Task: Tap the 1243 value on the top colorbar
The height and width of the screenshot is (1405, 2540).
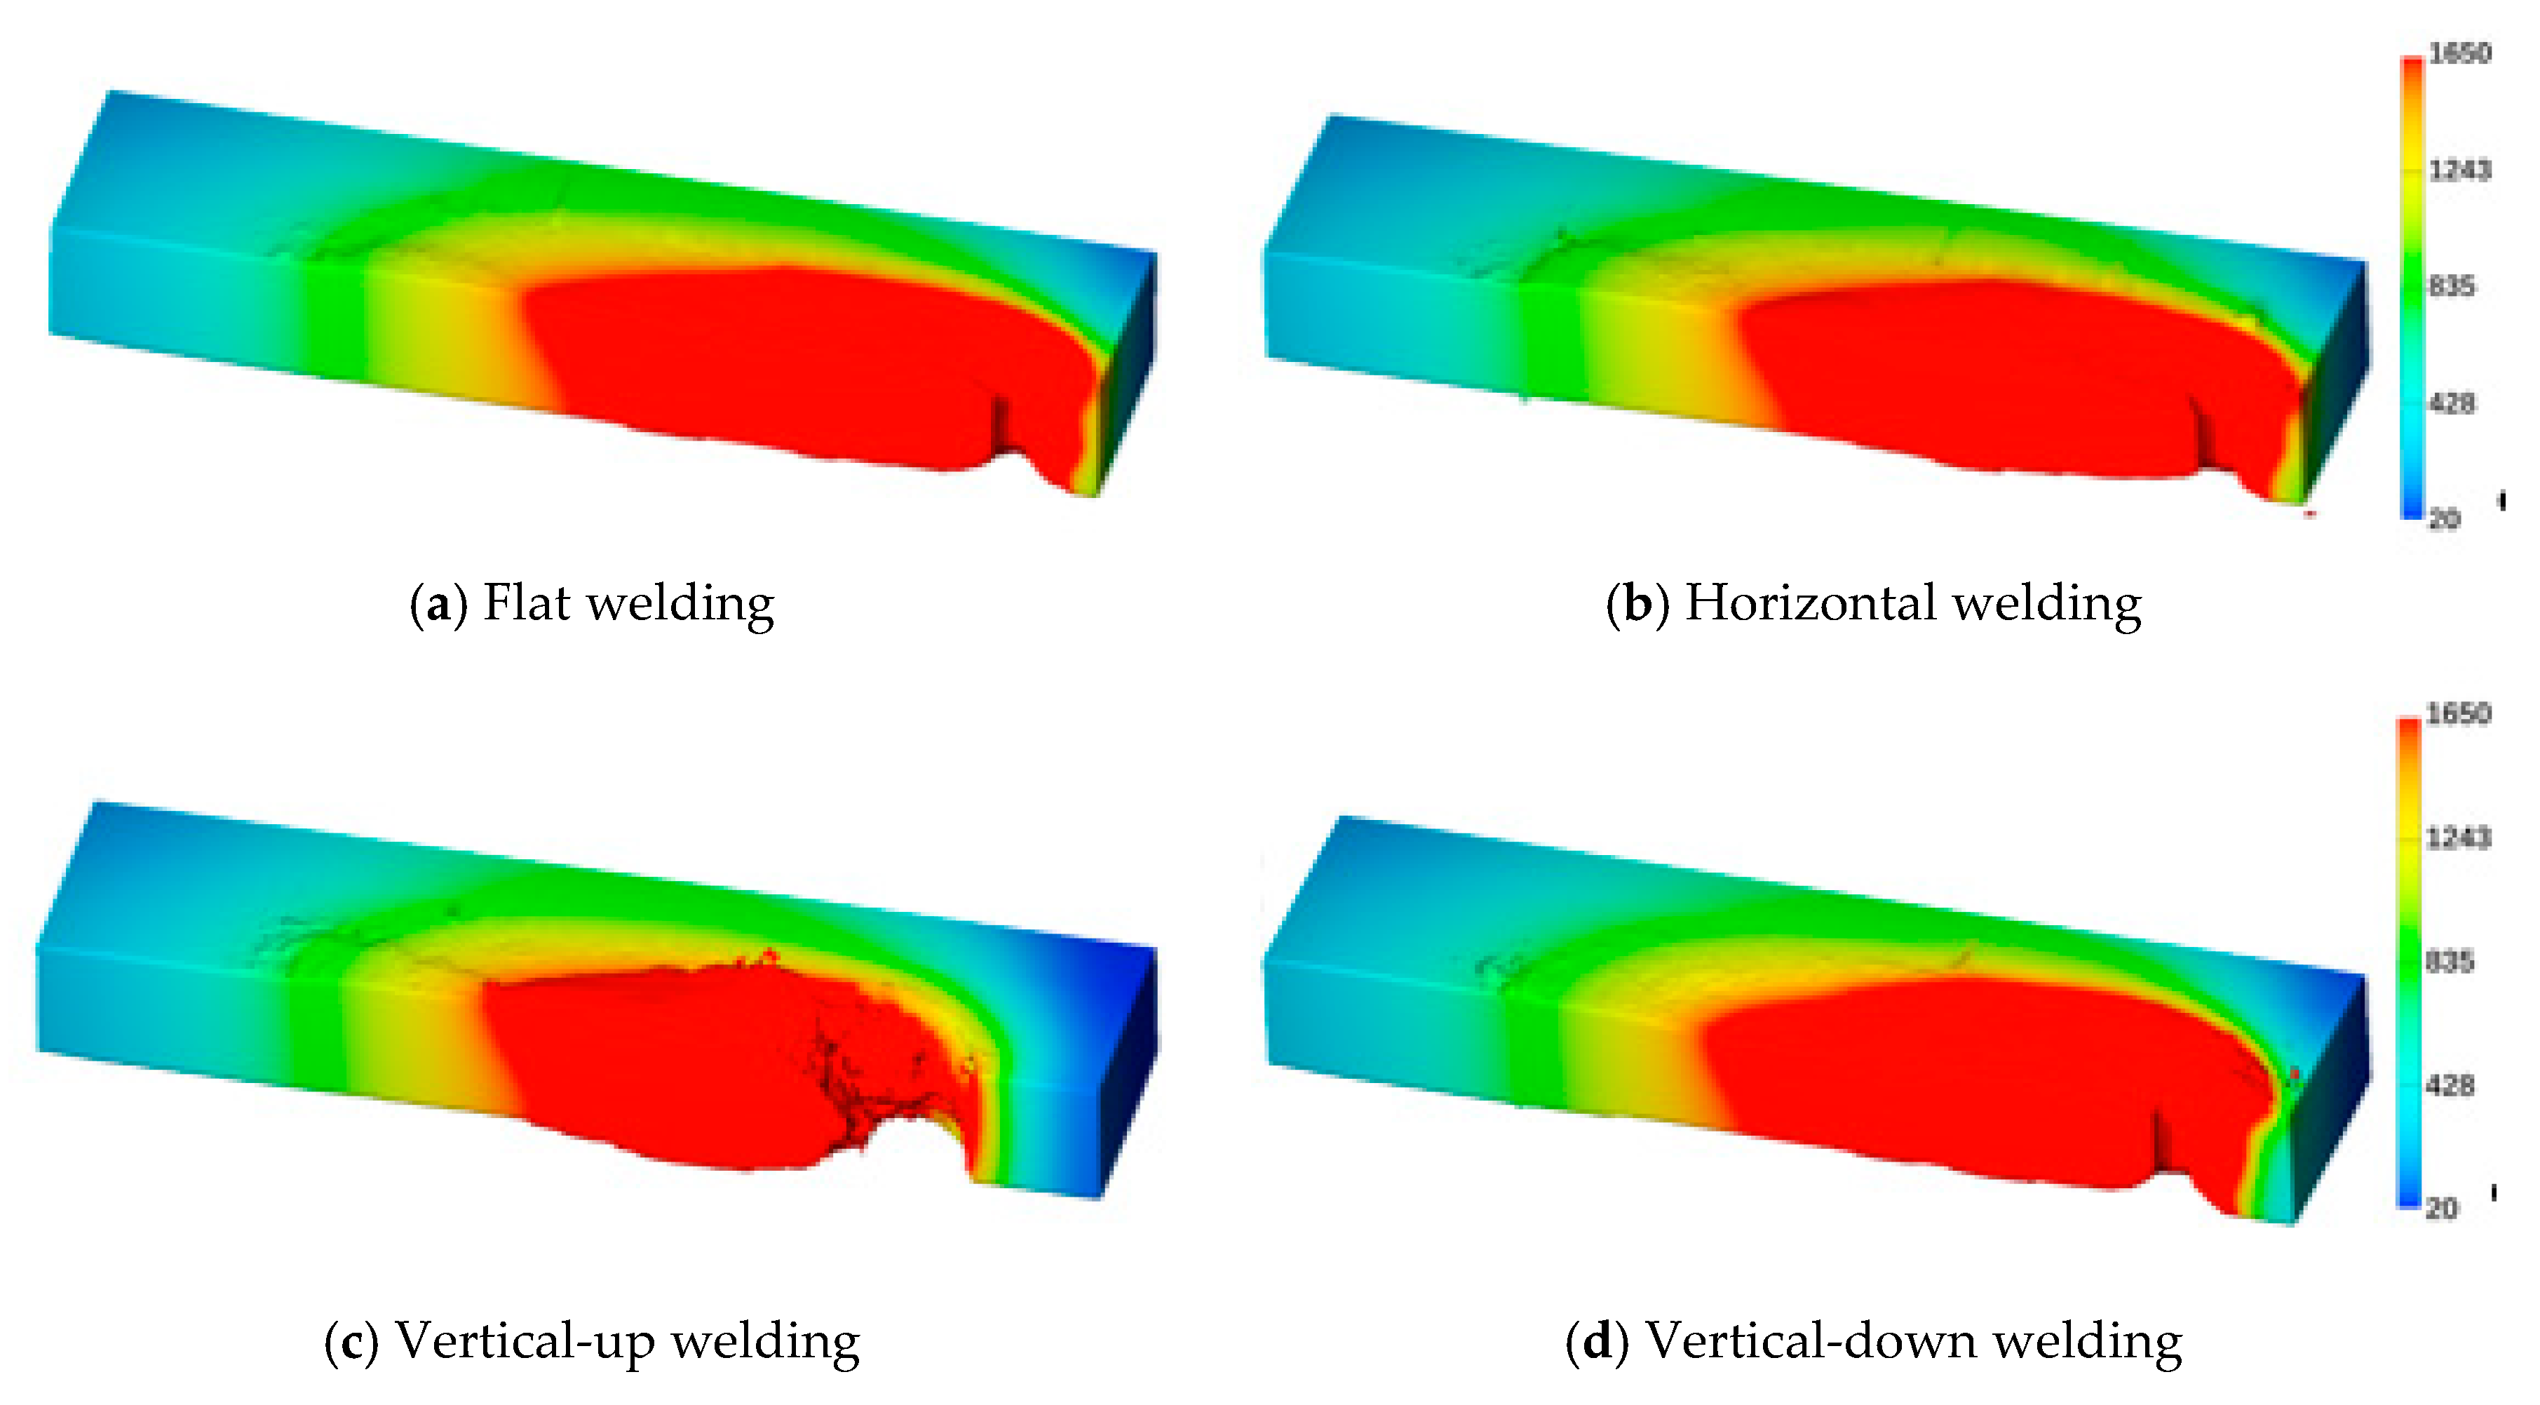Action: point(2459,170)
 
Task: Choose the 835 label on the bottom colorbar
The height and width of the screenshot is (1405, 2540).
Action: point(2450,961)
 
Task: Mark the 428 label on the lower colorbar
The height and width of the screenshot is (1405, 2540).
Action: point(2450,1086)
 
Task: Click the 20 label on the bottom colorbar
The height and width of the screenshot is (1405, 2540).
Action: point(2443,1208)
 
